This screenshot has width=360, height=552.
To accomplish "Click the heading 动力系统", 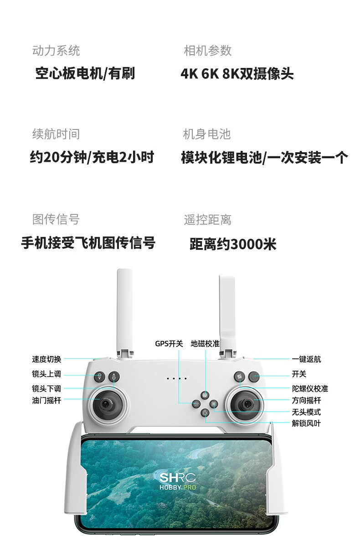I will coord(56,51).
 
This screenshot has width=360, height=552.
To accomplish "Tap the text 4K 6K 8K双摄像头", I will coord(237,74).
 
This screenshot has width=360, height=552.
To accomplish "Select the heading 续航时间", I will coord(56,134).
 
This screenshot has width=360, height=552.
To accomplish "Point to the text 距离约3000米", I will coord(233,244).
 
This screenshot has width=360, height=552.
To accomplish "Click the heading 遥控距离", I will coord(207,220).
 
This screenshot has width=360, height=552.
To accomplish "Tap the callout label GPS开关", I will coord(169,344).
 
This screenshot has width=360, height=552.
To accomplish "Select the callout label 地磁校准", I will coord(205,344).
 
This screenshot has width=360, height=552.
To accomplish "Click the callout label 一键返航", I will coord(306,359).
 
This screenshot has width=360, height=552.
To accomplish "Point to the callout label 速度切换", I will coord(46,359).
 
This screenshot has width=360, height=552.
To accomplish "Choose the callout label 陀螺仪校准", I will coord(310,389).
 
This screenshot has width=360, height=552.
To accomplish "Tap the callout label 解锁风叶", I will coord(306,423).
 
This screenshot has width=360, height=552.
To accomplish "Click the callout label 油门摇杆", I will coord(46,400).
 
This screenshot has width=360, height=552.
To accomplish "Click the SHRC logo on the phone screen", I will coord(178,478).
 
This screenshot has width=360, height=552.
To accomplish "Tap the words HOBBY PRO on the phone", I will coord(178,488).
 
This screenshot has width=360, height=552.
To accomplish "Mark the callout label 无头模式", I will coord(306,412).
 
